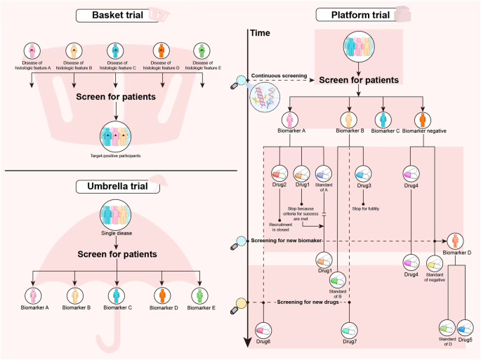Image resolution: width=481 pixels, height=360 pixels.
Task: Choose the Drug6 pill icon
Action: click(x=263, y=330)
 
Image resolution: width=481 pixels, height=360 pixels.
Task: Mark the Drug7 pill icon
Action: click(x=350, y=330)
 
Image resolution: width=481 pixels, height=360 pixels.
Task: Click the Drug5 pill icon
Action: click(x=465, y=327)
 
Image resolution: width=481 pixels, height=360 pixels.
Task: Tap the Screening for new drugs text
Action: click(x=307, y=302)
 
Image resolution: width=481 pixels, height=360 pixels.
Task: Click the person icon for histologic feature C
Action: click(x=116, y=51)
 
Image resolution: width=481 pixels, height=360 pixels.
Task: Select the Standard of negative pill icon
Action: click(x=436, y=262)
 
